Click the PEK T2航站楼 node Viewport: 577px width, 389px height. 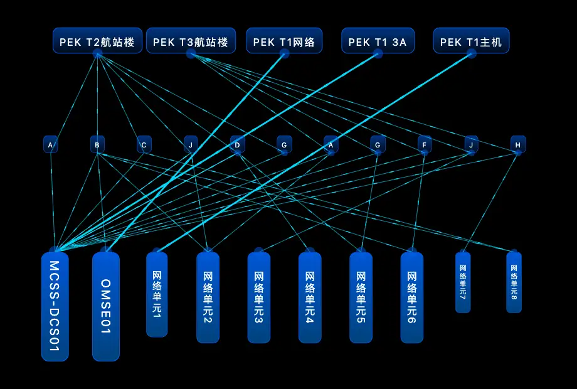coord(97,41)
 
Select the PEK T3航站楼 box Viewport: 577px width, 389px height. coord(191,41)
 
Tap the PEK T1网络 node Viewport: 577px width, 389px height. coord(284,41)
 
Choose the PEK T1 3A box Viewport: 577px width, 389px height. coord(378,41)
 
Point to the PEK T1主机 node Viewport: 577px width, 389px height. coord(471,41)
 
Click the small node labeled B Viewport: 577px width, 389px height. coord(97,145)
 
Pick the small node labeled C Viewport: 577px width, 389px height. coord(144,145)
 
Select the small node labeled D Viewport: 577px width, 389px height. coord(237,145)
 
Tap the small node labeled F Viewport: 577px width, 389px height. coord(425,145)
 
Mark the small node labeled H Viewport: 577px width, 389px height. coord(517,145)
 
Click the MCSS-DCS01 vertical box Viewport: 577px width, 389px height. coord(55,307)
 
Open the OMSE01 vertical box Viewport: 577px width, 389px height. coord(105,307)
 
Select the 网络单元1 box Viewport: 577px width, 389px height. coord(157,294)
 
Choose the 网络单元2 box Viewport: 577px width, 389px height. coord(208,297)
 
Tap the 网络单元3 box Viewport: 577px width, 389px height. coord(258,297)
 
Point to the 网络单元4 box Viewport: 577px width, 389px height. coord(309,297)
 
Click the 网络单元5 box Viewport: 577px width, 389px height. coord(361,297)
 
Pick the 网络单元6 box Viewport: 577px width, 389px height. coord(411,297)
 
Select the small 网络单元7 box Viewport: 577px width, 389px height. coord(462,282)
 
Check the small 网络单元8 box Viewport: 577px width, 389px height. coord(514,282)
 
